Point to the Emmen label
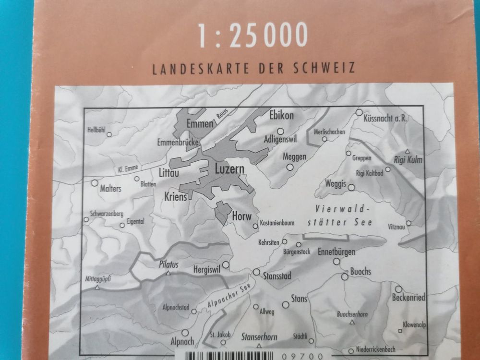[x=199, y=124]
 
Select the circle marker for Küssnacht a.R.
[x=359, y=113]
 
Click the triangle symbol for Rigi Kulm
[x=407, y=151]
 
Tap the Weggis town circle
[x=351, y=188]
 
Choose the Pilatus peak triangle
[x=168, y=273]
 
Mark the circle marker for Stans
[x=286, y=304]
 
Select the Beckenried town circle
[x=398, y=289]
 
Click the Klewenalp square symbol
[x=400, y=332]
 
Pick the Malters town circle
[x=95, y=183]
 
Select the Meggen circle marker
[x=289, y=167]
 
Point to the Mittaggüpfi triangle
[x=97, y=288]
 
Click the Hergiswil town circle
[x=225, y=264]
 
